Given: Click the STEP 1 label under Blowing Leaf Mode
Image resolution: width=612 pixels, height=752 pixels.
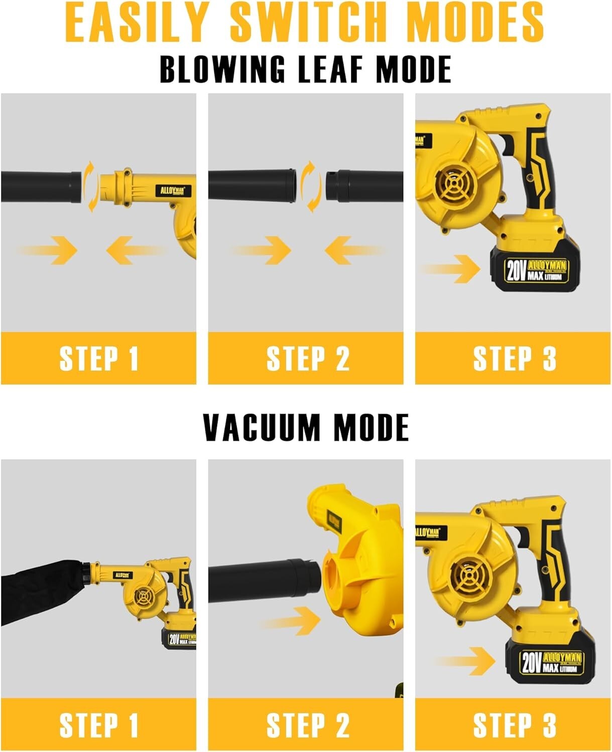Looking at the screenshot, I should tap(98, 358).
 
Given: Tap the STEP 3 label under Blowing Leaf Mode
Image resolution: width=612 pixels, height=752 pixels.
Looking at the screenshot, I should tap(514, 358).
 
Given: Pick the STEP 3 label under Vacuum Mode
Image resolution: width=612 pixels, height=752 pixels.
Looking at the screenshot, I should tap(514, 725).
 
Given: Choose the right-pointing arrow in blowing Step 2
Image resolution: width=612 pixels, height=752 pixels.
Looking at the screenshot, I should tap(264, 250).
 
